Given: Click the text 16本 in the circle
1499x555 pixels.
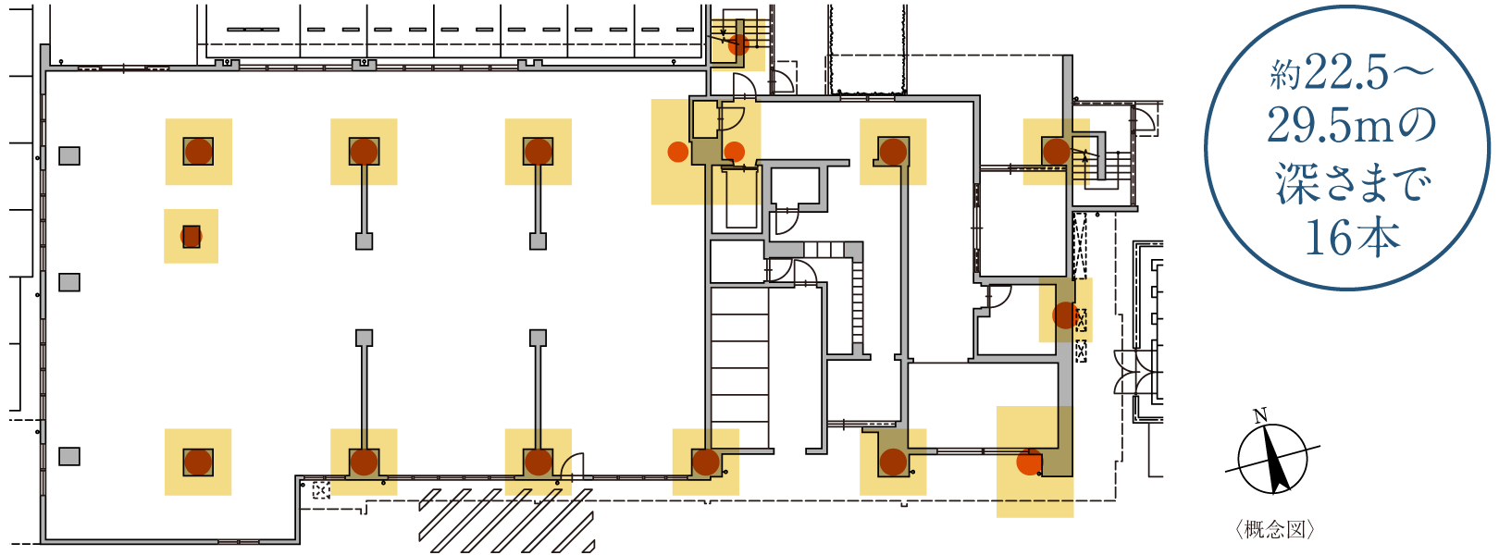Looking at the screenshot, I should [x=1352, y=238].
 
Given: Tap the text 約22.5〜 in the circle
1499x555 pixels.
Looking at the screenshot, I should [x=1352, y=75].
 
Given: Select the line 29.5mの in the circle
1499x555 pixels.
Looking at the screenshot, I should [x=1352, y=127].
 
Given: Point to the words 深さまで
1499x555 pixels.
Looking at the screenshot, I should [x=1352, y=183].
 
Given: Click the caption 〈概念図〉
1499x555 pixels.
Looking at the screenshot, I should [x=1275, y=530].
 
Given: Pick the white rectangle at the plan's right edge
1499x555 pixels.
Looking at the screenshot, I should [x=1156, y=450].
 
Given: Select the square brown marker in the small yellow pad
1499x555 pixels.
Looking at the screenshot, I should [x=192, y=237].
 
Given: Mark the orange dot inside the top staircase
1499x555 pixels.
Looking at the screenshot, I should [x=737, y=43].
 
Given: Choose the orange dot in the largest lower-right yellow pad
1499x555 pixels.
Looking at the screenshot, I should [x=1027, y=462].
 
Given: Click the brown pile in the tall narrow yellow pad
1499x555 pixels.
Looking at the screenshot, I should [x=1065, y=314].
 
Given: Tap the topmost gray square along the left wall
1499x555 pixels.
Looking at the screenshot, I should [x=69, y=156].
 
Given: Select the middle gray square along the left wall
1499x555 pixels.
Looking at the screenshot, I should [x=69, y=282].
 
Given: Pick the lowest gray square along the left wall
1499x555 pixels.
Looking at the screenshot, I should [x=69, y=456].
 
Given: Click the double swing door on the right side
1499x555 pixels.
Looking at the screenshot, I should [x=1134, y=372].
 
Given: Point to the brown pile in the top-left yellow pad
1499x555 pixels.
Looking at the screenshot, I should [x=198, y=152].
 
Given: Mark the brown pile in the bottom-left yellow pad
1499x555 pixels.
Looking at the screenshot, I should [x=198, y=462].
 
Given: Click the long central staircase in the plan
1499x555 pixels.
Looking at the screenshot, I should [x=739, y=366].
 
